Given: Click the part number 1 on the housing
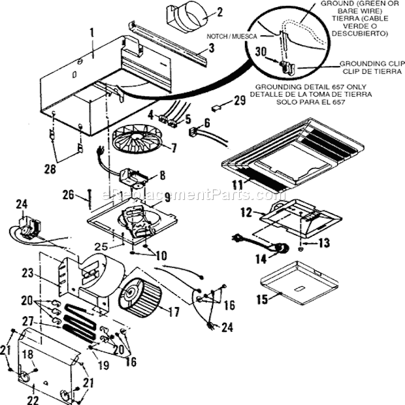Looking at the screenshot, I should (x=92, y=31).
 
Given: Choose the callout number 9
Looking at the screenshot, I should (x=167, y=197).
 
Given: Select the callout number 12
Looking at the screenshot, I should (x=246, y=213).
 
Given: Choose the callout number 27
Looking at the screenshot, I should (x=46, y=321).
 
